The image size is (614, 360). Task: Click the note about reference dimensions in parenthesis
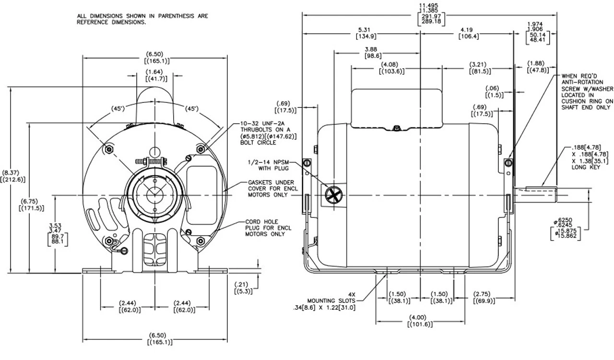click(142, 19)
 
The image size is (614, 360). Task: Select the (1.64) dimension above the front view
click(156, 75)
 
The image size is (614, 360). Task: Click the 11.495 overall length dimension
click(431, 14)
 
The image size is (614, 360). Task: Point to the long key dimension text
click(579, 155)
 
